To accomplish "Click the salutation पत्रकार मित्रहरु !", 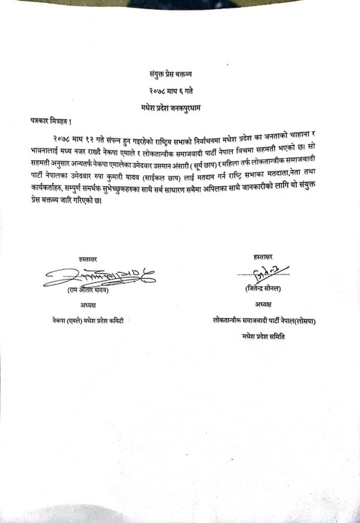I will [x=49, y=122].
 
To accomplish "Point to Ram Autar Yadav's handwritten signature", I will [x=97, y=276].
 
